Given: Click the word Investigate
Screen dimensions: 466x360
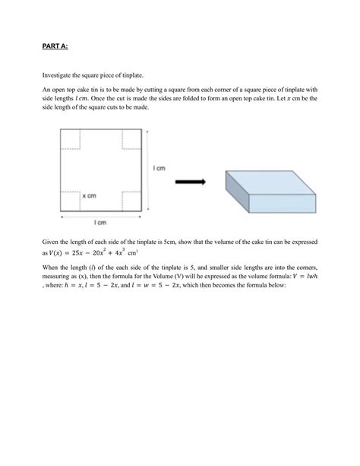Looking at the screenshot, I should pos(58,75).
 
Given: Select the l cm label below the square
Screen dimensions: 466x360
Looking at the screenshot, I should pos(100,223).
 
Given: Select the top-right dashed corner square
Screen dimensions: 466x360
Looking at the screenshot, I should pos(131,138).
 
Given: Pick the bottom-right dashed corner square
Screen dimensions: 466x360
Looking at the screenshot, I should pos(131,199).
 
